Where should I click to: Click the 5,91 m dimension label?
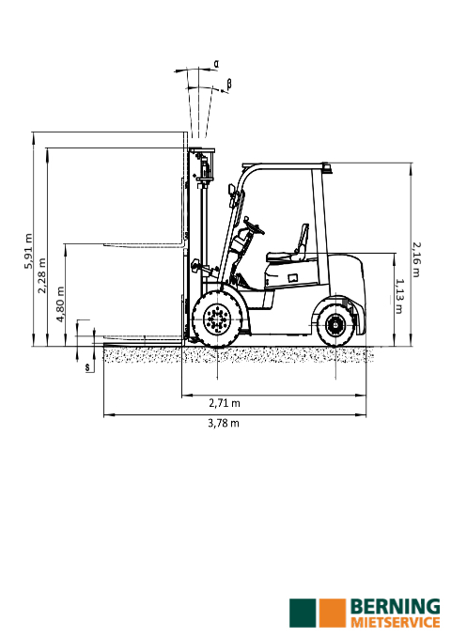pos(28,251)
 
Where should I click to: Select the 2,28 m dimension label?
pos(42,275)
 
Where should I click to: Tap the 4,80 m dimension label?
pos(60,303)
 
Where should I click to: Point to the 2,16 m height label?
pos(416,259)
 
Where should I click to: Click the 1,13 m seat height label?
pos(399,296)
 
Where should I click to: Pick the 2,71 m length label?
pos(225,403)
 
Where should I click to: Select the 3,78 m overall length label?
pos(224,423)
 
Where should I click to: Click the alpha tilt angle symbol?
pos(216,64)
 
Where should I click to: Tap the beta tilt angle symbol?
pos(229,85)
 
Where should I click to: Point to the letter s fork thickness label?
pos(87,367)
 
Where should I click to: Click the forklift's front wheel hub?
pos(217,319)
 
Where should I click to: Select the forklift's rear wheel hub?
pos(335,325)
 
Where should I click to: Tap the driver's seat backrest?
pos(303,241)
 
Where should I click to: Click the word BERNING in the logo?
pos(396,608)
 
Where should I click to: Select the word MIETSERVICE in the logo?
pos(396,623)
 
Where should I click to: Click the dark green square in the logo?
pos(303,613)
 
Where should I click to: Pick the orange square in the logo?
pos(333,613)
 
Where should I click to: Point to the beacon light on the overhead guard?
pos(327,167)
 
